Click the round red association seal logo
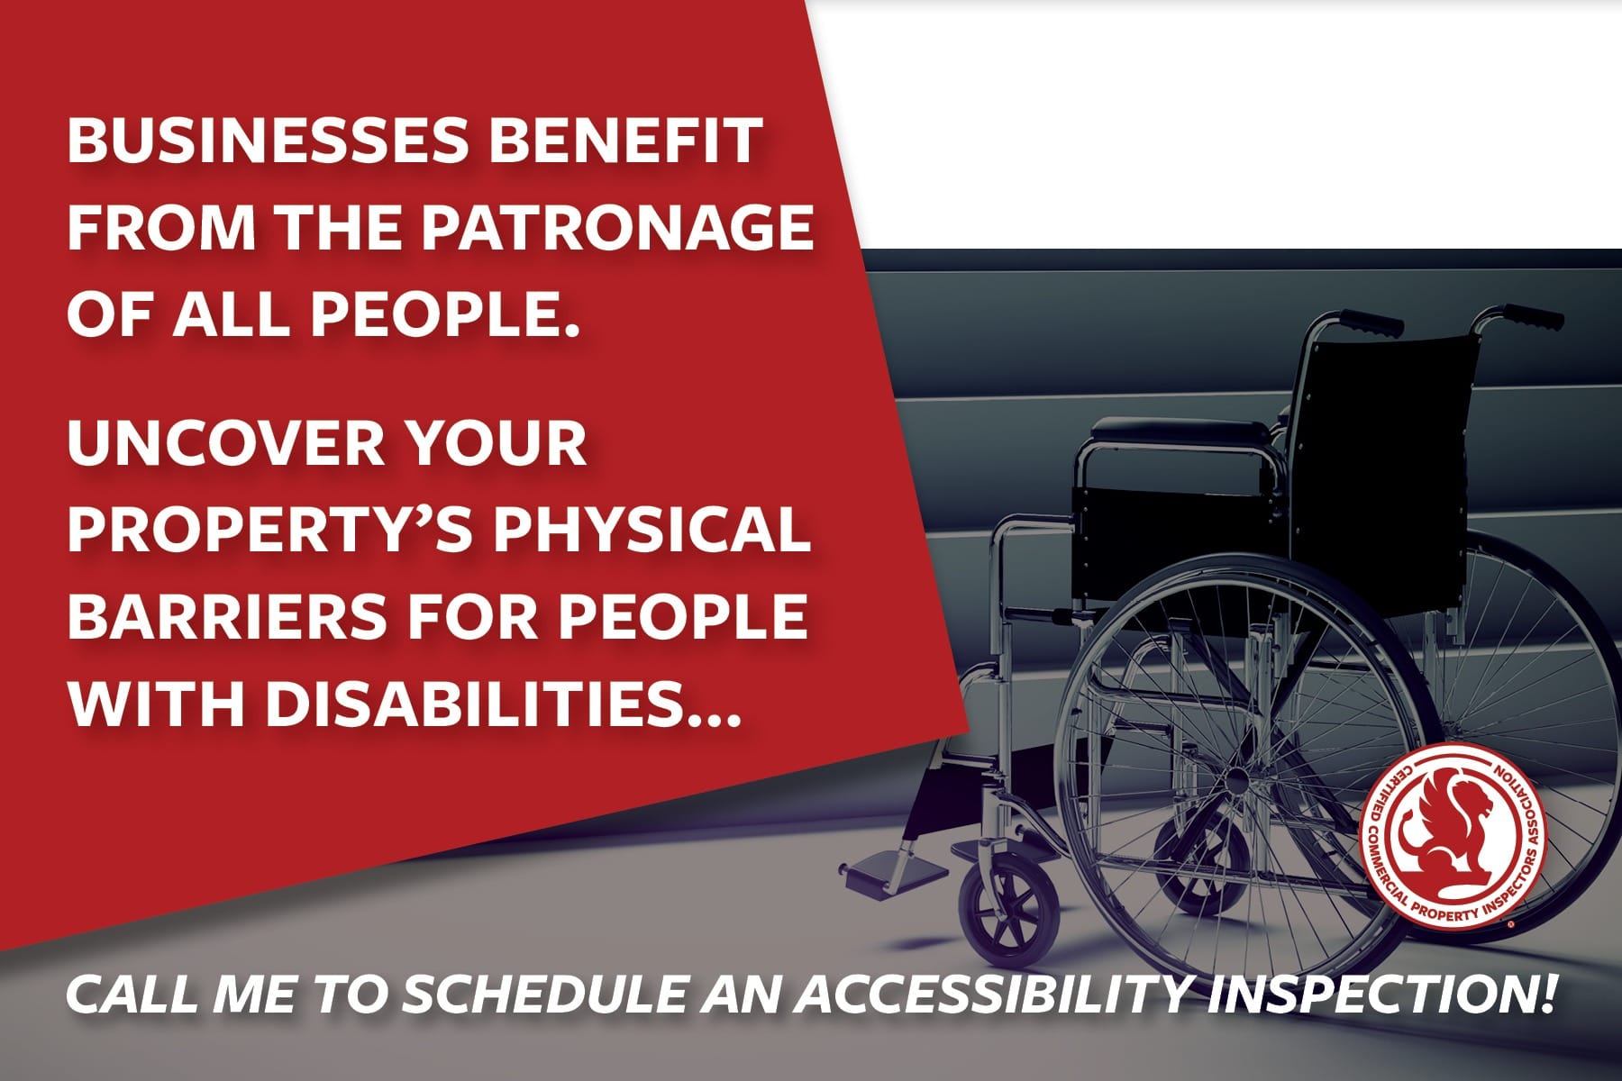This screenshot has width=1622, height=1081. [1451, 837]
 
